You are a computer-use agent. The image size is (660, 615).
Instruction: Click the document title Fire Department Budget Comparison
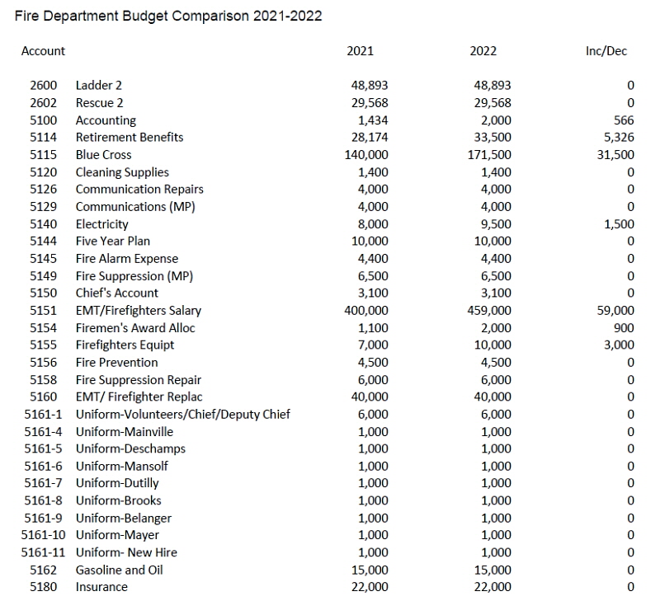169,16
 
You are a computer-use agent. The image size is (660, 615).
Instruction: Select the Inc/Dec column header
605,51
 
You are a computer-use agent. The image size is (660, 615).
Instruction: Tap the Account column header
43,51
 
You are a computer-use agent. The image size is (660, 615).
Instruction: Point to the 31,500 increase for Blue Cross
615,155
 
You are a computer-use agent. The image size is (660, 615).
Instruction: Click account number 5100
43,120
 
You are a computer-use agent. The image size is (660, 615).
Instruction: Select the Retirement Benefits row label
130,138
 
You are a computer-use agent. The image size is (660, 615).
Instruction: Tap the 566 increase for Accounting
624,120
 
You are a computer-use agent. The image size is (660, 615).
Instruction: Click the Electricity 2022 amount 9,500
496,224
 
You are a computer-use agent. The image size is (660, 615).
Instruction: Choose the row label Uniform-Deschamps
130,449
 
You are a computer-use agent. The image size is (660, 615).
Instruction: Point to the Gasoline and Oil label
119,570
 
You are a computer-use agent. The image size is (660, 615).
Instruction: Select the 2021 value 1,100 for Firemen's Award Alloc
373,328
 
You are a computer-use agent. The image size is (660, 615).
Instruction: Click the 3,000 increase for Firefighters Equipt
619,345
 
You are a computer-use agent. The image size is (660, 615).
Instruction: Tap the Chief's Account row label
116,293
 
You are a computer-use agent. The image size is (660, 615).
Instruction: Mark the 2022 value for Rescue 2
493,103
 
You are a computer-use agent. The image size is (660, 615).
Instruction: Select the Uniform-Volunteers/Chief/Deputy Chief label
182,415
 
